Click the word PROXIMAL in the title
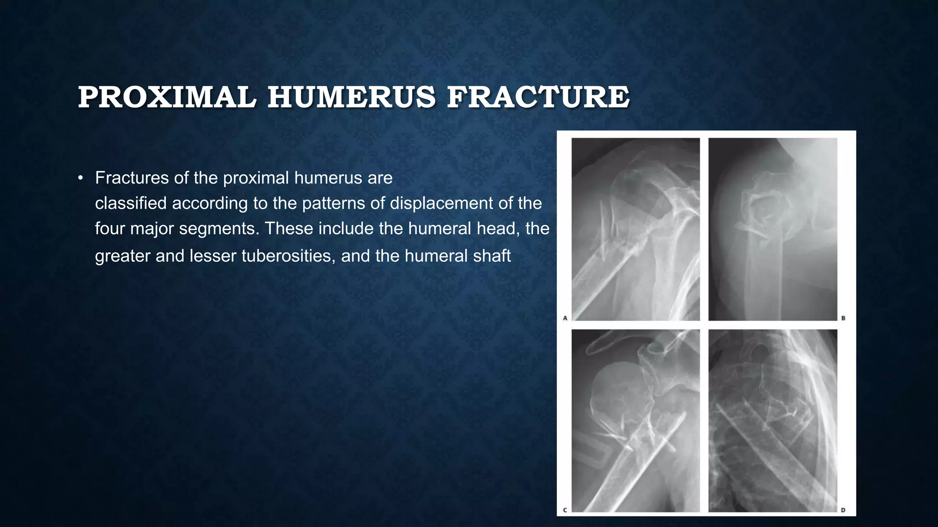point(167,97)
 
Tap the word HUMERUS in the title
point(351,97)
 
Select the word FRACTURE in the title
point(538,97)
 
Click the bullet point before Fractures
point(81,178)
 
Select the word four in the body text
point(110,228)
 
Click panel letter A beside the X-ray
point(565,318)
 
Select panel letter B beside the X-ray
point(843,318)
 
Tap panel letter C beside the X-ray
point(565,510)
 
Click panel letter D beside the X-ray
point(843,510)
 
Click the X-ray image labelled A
point(636,229)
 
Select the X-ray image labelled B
point(773,229)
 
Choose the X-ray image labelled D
point(773,420)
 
